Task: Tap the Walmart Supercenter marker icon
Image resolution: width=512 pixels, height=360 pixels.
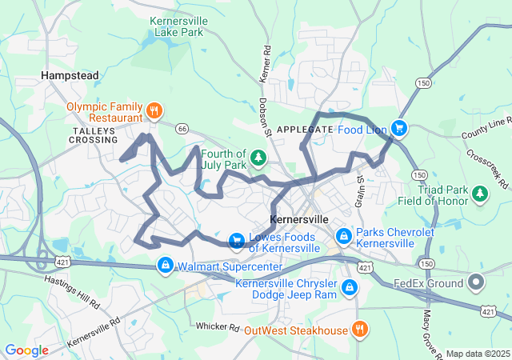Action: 165,264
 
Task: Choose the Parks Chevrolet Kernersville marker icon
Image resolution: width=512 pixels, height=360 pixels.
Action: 343,236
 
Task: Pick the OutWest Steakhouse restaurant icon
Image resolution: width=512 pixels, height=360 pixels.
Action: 360,329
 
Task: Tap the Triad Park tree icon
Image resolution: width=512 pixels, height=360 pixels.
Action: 479,193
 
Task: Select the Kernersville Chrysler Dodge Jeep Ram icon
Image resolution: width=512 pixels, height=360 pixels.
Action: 350,286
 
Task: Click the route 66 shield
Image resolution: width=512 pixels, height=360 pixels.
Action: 182,128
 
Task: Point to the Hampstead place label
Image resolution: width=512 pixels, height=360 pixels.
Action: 70,75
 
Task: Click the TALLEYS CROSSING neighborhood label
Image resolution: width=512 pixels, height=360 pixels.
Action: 94,134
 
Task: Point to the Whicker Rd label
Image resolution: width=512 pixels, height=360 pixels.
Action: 218,327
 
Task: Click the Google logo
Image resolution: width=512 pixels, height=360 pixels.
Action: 27,350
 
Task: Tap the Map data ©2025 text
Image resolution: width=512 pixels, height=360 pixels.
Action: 477,354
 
